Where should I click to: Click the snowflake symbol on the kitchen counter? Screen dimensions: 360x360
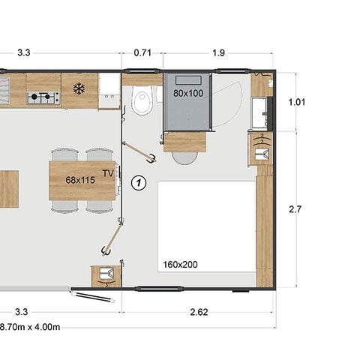[79, 88]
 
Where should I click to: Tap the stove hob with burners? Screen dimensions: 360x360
[43, 97]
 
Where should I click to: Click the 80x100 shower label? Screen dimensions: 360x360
[187, 94]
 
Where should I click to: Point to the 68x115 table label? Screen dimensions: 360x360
[82, 180]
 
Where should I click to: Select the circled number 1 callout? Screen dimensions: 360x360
[138, 181]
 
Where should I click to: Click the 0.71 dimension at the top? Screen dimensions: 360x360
[142, 53]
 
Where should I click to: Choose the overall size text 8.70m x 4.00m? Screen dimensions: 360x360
[30, 327]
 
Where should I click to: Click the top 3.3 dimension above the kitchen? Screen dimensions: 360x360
[23, 53]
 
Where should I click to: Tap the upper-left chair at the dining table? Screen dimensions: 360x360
[64, 154]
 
